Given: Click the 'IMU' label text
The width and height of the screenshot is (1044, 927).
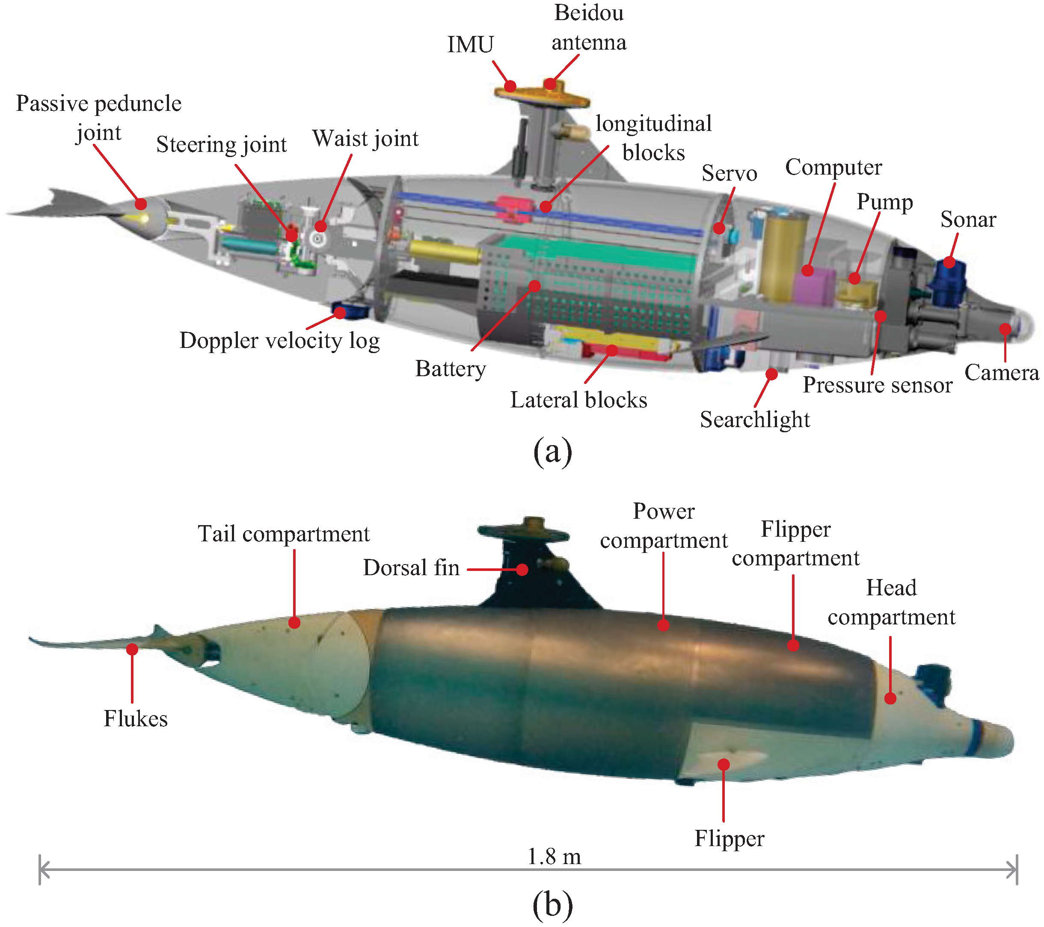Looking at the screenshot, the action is (470, 45).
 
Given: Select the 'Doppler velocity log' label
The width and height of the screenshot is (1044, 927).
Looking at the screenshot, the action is (279, 341).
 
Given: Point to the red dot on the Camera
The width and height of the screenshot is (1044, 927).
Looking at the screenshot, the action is (1005, 329).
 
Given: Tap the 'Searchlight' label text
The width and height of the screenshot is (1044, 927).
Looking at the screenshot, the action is (754, 419).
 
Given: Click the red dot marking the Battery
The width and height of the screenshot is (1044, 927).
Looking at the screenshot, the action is (534, 285).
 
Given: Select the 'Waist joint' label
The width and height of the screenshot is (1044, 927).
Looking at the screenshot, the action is (365, 139).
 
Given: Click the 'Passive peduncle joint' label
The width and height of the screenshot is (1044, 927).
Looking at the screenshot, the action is (98, 118).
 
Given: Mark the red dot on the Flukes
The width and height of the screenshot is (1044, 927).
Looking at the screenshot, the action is (132, 649).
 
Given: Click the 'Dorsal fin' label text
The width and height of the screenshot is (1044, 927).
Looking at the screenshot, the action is (411, 568).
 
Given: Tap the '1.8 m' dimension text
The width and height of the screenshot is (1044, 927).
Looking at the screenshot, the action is (554, 856).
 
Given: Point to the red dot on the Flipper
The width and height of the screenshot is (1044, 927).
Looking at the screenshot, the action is (723, 764).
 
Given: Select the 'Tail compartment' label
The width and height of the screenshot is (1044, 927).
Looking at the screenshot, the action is (284, 534).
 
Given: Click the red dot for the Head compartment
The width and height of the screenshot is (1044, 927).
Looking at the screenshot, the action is (890, 698).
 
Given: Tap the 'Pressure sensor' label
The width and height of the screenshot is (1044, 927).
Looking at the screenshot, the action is (877, 385).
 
